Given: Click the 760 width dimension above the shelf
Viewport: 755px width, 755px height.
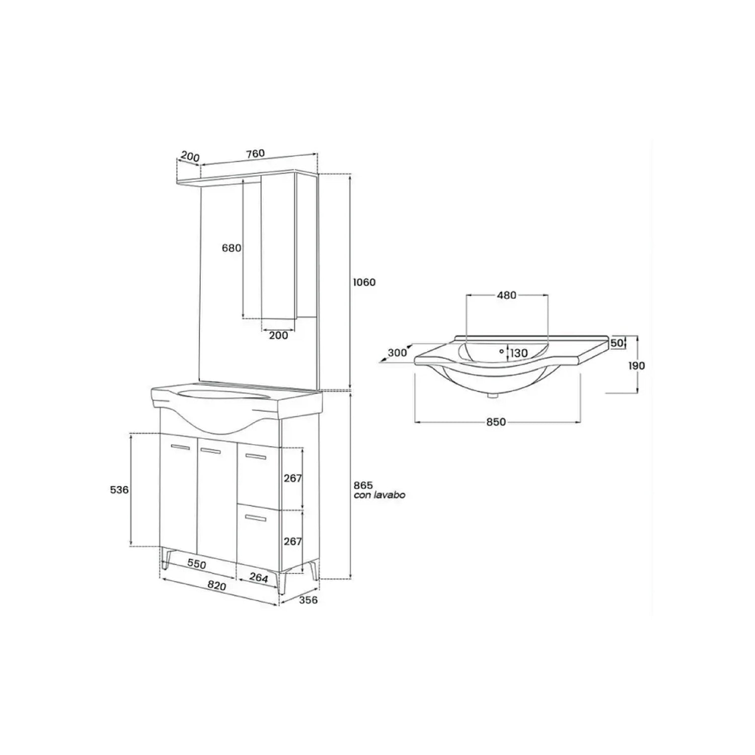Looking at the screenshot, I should click(x=255, y=154).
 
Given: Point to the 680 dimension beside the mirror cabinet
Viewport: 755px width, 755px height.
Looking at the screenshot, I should click(x=232, y=248).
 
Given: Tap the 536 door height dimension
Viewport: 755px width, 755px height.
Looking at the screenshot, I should click(x=119, y=489).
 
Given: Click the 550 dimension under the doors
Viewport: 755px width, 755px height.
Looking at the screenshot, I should click(x=197, y=564).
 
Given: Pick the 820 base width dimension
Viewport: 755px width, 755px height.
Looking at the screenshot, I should click(x=216, y=586).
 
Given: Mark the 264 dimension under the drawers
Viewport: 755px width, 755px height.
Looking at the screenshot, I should click(x=259, y=578).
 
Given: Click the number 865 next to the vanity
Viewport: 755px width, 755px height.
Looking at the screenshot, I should click(x=363, y=485).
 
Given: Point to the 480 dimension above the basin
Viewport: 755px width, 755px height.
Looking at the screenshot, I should click(x=507, y=295).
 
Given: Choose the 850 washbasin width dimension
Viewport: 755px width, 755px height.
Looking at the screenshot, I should click(x=496, y=422).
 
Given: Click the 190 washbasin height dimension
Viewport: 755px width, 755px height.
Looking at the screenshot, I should click(x=636, y=366).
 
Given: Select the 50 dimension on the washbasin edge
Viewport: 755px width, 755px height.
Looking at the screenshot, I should click(x=617, y=343).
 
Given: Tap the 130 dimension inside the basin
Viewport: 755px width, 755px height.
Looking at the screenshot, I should click(x=519, y=353).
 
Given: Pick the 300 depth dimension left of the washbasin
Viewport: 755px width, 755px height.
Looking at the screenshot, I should click(x=397, y=353).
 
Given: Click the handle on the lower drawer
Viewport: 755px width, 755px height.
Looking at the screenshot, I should click(x=255, y=517).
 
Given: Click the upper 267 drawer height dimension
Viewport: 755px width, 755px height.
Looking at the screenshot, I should click(x=292, y=478).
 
